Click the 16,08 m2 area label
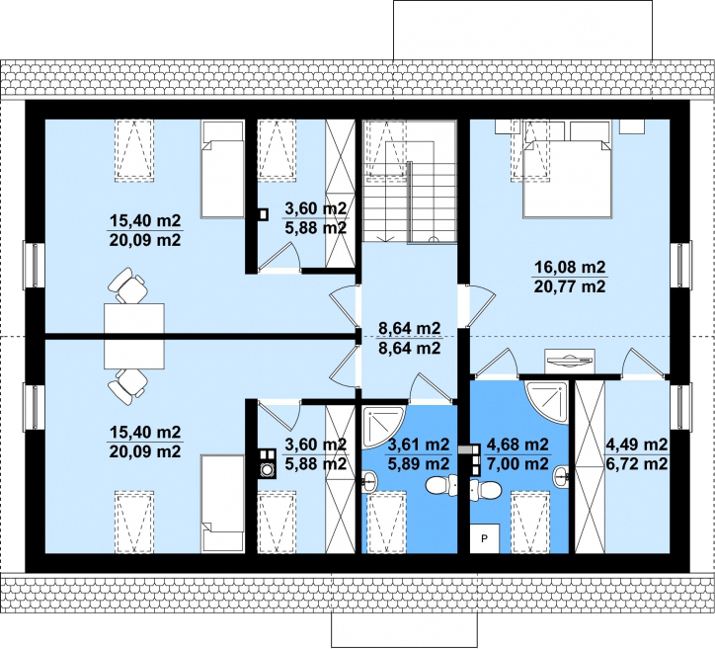[569, 267]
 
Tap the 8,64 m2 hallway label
[410, 328]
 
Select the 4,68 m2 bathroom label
[518, 444]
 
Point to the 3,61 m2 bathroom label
[419, 444]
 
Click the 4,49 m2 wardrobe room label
[637, 444]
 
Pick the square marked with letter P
[484, 538]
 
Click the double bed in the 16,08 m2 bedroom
[566, 179]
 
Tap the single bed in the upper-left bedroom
[222, 169]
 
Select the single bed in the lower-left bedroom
[222, 503]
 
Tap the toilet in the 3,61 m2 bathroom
[441, 485]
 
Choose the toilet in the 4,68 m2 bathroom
[486, 490]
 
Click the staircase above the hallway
[410, 182]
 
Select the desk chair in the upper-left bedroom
[127, 285]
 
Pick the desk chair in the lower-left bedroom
[127, 386]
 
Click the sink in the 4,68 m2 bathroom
[561, 477]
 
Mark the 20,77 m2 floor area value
[569, 286]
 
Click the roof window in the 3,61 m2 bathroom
[387, 523]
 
